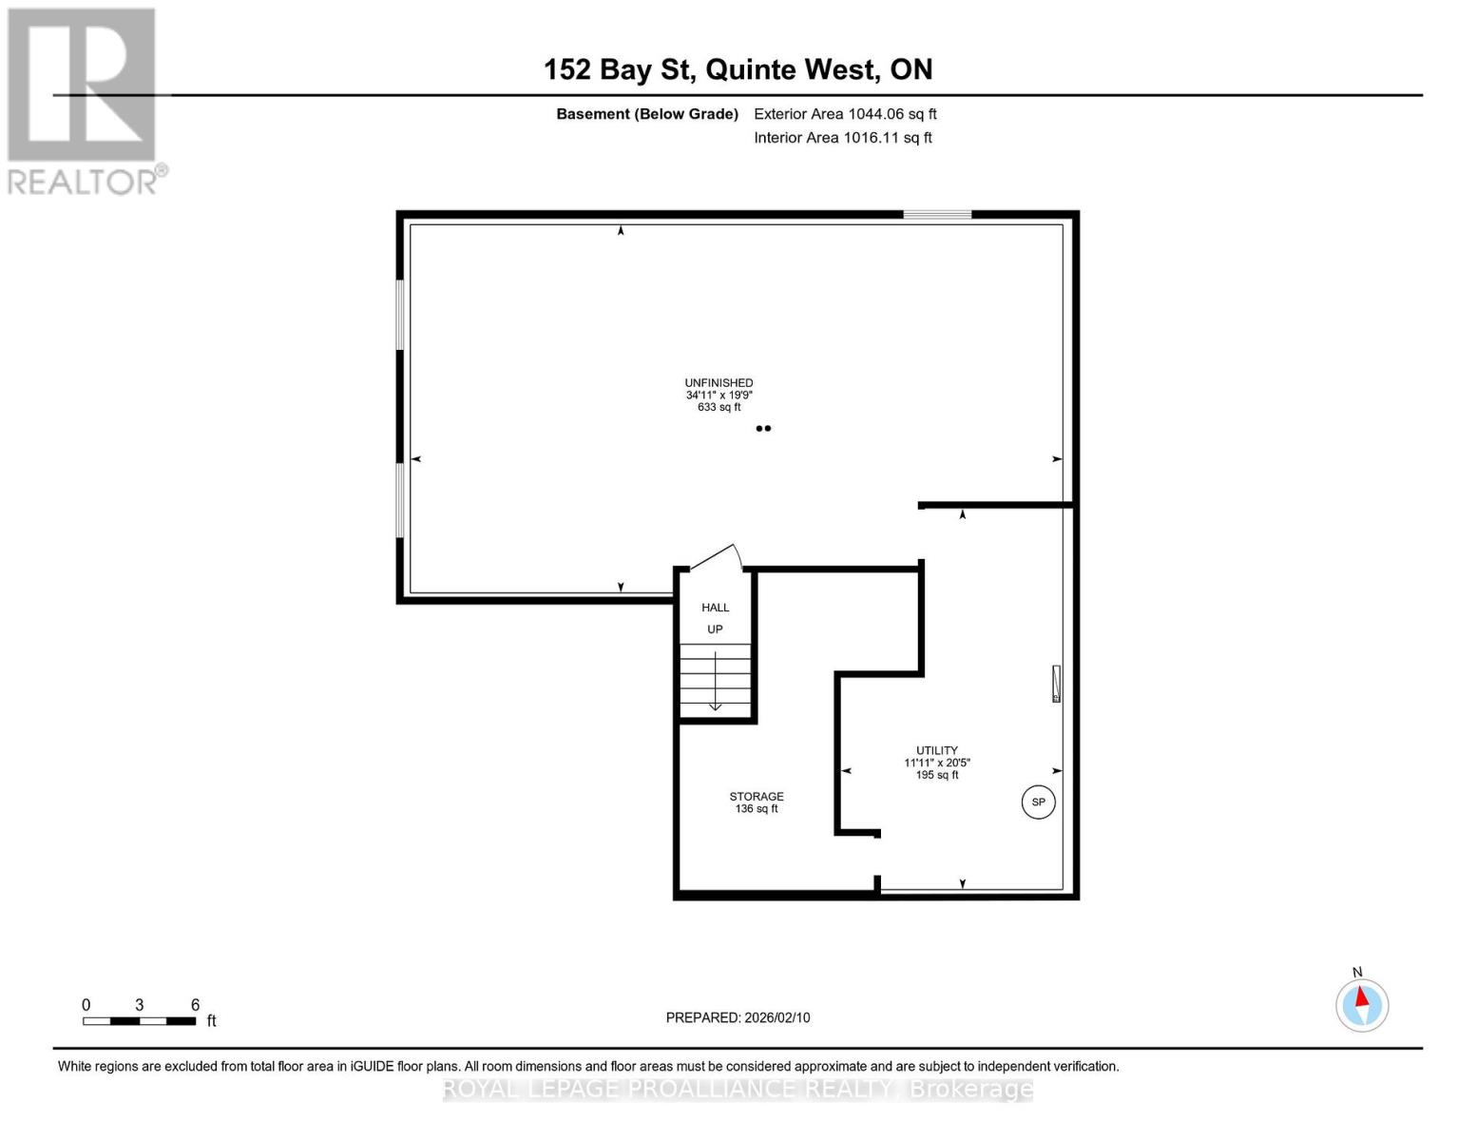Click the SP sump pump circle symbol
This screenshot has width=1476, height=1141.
click(1038, 802)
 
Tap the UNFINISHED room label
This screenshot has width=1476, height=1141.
click(719, 383)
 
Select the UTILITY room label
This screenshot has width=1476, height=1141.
click(937, 750)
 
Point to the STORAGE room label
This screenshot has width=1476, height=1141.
click(757, 797)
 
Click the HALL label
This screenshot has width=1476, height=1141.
click(716, 608)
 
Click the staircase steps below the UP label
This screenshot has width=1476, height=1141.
click(715, 680)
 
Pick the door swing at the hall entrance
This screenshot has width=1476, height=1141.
click(716, 558)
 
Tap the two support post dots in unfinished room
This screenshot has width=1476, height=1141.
click(763, 429)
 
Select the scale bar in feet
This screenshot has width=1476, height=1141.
click(139, 1021)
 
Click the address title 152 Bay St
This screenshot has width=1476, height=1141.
click(738, 69)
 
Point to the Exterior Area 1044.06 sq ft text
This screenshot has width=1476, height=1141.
click(845, 114)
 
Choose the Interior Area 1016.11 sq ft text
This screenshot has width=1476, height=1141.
click(843, 138)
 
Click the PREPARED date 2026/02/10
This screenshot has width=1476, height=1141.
click(738, 1017)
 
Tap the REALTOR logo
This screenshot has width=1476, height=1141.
click(84, 100)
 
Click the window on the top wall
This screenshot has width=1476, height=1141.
click(937, 215)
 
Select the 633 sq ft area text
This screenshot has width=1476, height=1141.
click(719, 407)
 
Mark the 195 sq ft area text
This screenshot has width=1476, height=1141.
click(937, 775)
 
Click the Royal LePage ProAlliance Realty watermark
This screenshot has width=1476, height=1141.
click(738, 1089)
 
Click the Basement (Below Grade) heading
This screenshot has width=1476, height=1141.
click(647, 114)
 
